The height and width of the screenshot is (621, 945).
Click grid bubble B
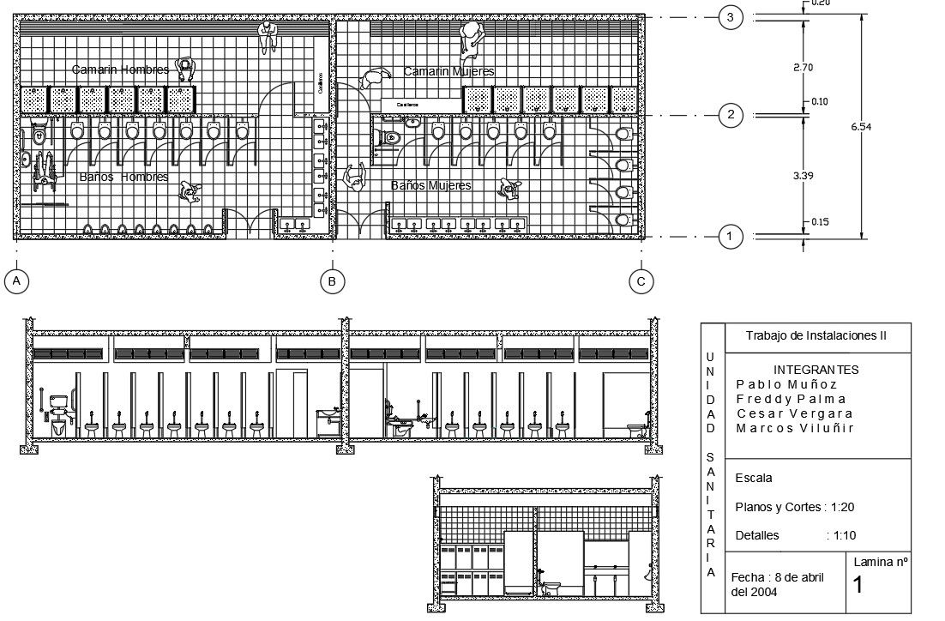coord(332,281)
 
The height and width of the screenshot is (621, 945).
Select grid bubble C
coord(641,281)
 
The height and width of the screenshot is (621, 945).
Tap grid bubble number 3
coord(730,17)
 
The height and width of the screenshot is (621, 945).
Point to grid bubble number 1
coord(730,237)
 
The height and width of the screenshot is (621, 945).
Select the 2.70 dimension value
coord(802,67)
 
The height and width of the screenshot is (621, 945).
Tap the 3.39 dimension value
coord(802,176)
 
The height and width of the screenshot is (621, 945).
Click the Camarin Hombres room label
coord(120,69)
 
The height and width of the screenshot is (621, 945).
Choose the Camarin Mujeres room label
coord(449,71)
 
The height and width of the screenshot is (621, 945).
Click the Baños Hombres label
coord(123,177)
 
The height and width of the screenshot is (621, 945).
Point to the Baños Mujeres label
coord(431,185)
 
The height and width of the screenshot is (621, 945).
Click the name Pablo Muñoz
coord(786,384)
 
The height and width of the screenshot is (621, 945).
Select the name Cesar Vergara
coord(795,413)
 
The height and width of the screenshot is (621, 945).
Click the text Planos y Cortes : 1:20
coord(795,507)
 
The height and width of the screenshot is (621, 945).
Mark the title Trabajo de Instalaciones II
coord(816,336)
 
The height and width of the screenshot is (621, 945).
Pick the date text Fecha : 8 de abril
coord(778,577)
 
